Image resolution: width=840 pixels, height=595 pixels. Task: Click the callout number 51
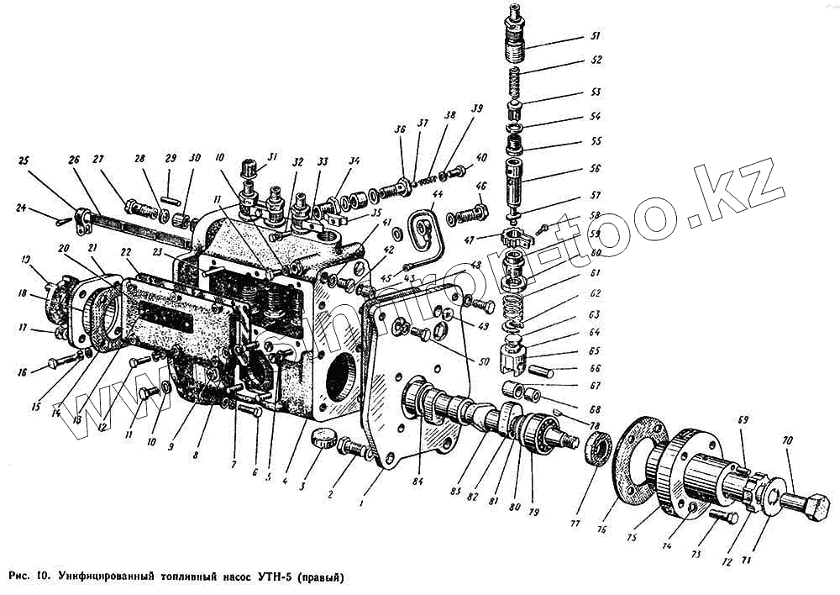click(x=595, y=36)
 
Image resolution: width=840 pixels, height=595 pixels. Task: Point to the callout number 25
click(x=24, y=161)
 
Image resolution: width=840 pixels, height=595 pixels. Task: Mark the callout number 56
click(x=595, y=168)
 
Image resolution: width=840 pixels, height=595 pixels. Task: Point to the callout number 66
click(x=595, y=366)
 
